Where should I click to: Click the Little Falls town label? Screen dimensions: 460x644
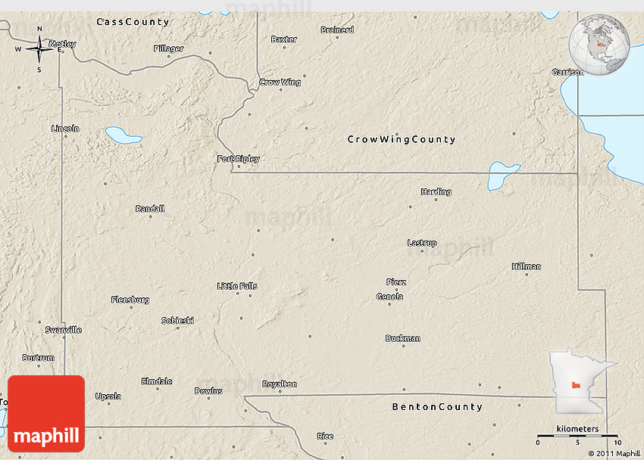coord(237,286)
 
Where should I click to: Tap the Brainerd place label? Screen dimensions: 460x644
coord(337,30)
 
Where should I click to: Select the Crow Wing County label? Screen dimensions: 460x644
coord(402,139)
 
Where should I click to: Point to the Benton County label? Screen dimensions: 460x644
coord(437,407)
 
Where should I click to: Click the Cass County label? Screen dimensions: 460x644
coord(133,23)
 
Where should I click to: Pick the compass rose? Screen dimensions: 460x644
coord(39,49)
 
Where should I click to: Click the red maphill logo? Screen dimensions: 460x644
coord(46,414)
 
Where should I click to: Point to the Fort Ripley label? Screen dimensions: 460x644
coord(238,159)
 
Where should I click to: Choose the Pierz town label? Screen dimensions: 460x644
coord(396,282)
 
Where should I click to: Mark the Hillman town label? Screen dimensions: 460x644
coord(527,266)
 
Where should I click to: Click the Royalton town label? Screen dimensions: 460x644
coord(280,384)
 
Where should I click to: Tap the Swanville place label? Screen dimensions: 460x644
coord(64,330)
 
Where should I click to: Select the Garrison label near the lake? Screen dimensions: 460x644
coord(567,73)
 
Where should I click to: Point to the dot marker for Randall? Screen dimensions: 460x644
coord(150,216)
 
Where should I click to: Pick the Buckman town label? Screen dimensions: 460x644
coord(402,338)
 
